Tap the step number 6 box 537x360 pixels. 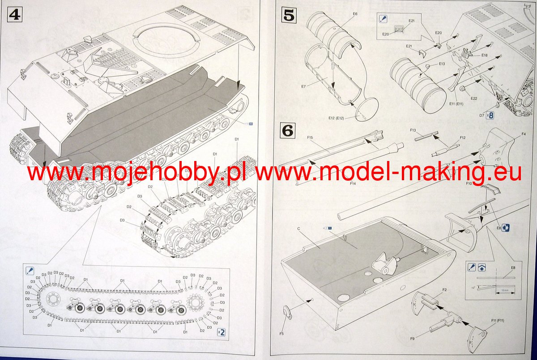(288, 131)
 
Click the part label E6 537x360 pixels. (355, 14)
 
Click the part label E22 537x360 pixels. (474, 98)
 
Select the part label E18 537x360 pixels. (485, 55)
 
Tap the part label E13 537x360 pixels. (442, 64)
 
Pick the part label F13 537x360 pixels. (413, 130)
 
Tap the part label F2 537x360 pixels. (444, 290)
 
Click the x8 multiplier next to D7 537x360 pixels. (490, 115)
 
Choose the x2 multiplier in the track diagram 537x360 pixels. (221, 332)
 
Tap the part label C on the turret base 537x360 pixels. (298, 229)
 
